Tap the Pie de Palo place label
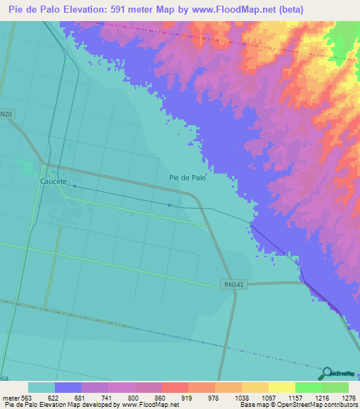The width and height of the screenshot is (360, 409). pyautogui.click(x=188, y=178)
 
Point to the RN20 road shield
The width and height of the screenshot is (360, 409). pyautogui.click(x=6, y=114)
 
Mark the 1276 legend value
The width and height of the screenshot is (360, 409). pyautogui.click(x=348, y=397)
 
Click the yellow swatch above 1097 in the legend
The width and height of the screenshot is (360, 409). pyautogui.click(x=281, y=387)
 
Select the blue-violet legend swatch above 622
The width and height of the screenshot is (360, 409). pyautogui.click(x=68, y=387)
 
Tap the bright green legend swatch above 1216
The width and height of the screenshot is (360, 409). pyautogui.click(x=308, y=387)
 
